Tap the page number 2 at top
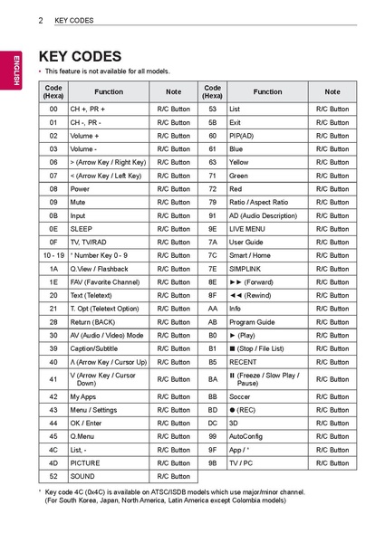pos(42,19)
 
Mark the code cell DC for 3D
pos(213,423)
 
